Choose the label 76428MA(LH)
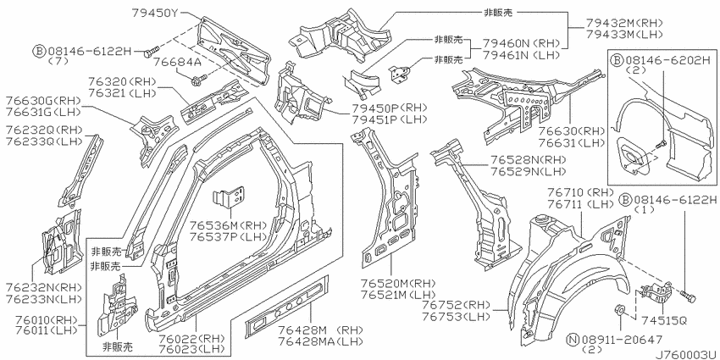[320, 341]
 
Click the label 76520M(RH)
[397, 283]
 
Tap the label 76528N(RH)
[529, 160]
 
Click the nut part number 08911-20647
[623, 340]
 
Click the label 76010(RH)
[42, 319]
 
